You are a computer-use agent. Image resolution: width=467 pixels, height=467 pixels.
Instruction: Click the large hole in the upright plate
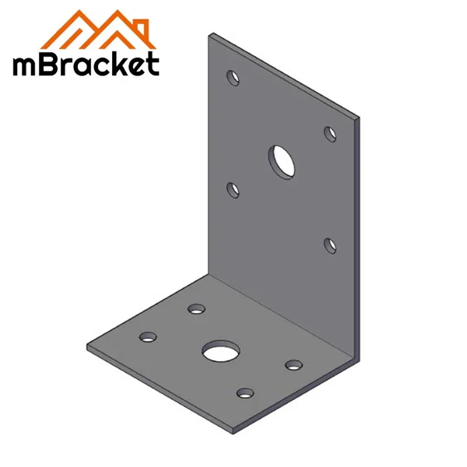click(x=283, y=160)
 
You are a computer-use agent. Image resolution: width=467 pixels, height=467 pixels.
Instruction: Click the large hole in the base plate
click(x=219, y=351)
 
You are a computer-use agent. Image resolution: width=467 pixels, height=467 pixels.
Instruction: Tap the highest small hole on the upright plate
click(x=232, y=77)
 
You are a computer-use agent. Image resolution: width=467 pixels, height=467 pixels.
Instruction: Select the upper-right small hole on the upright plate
click(x=330, y=132)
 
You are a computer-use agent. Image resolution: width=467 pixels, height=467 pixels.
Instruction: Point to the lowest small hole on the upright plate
click(x=330, y=245)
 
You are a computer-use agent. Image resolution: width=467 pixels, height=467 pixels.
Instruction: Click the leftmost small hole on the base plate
click(x=147, y=338)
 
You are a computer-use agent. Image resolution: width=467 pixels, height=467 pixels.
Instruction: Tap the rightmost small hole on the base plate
click(x=293, y=365)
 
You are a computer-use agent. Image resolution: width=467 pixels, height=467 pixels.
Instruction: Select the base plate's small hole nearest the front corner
click(x=245, y=393)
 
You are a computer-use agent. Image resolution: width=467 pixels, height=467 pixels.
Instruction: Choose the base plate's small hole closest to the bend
click(x=195, y=310)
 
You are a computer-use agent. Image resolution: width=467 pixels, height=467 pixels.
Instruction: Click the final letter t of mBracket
click(x=151, y=63)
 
